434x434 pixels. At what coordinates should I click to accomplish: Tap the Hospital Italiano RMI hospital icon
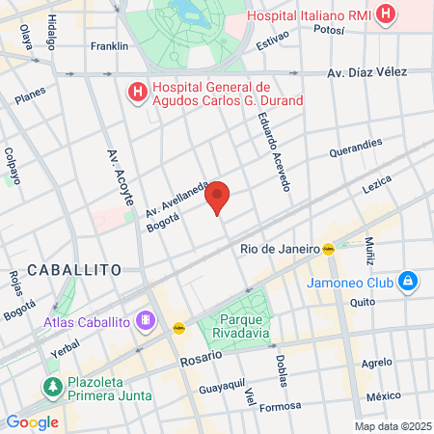(386, 14)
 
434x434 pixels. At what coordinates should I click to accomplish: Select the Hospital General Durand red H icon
(138, 94)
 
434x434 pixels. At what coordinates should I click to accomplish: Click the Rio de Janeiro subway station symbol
(329, 248)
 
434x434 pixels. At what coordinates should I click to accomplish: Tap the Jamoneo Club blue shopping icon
(408, 281)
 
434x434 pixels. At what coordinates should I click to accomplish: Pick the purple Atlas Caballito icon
(146, 318)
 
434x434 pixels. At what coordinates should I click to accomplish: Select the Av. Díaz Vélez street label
(366, 72)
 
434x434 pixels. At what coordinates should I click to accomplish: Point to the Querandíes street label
(356, 150)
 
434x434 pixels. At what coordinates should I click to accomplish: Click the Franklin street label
(109, 45)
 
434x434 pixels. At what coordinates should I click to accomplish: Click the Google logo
(32, 421)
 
